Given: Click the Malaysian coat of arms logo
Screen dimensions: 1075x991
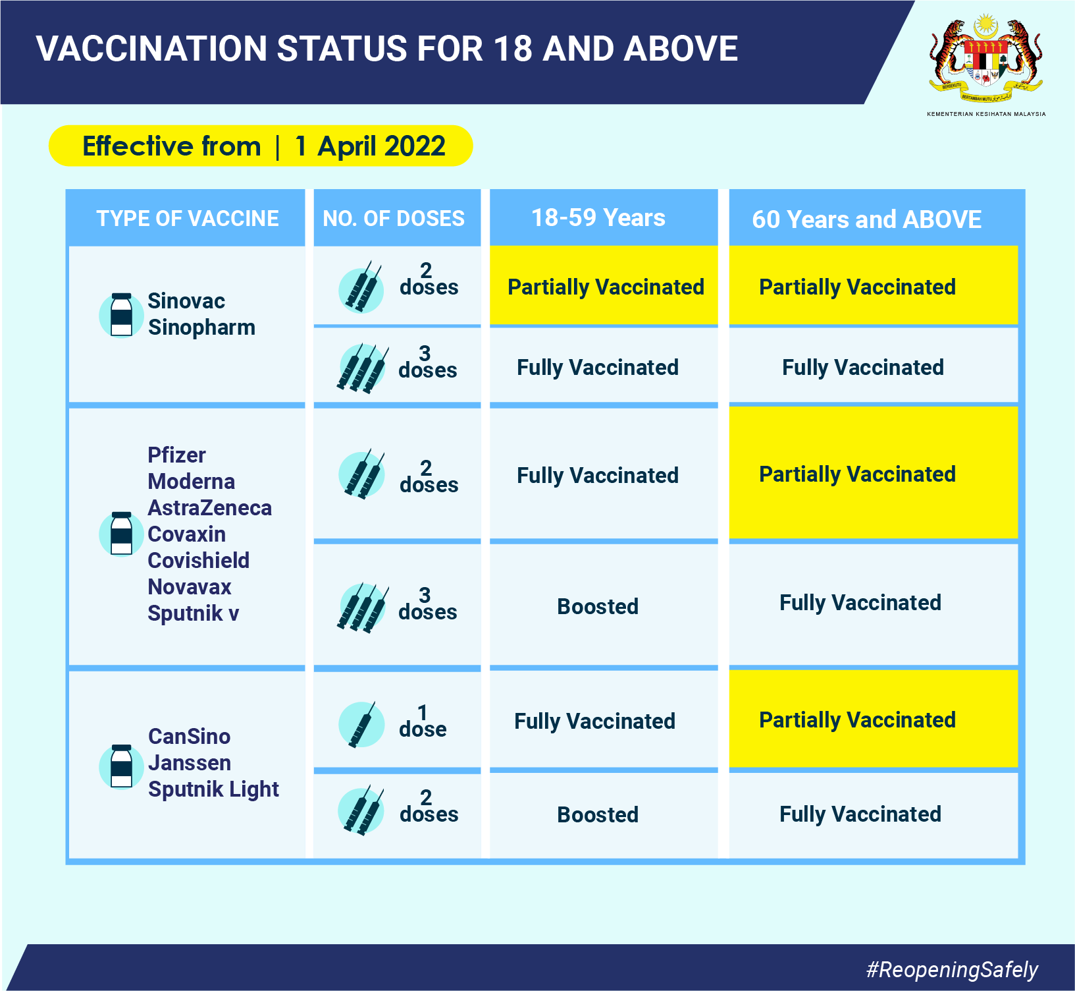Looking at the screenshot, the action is (x=985, y=59).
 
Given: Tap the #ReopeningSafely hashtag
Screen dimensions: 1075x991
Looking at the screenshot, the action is (x=952, y=969).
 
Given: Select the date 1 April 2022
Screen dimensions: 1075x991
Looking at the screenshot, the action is (x=371, y=146).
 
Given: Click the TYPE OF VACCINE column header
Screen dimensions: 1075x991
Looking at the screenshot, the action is (x=188, y=218).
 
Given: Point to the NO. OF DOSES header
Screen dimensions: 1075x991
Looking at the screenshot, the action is (x=394, y=218).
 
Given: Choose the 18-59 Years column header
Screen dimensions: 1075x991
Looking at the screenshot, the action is (x=598, y=217).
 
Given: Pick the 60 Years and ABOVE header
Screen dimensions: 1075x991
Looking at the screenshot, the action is (x=866, y=219).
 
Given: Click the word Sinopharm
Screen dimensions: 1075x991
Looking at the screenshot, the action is (x=201, y=327).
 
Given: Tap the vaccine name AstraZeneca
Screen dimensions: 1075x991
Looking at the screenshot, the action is (x=209, y=508).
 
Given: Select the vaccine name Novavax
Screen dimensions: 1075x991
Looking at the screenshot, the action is (x=190, y=587).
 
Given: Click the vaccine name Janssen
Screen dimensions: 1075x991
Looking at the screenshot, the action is (x=190, y=763).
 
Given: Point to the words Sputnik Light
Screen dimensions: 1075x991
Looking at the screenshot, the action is (x=213, y=789).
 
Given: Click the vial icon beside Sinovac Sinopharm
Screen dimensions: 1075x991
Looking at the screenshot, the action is (x=121, y=315).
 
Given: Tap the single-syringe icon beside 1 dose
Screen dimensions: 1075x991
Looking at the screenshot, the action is (x=361, y=724).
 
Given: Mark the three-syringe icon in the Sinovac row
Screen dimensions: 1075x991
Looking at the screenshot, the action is (x=361, y=368).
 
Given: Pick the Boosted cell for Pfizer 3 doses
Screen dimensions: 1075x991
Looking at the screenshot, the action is (x=598, y=606).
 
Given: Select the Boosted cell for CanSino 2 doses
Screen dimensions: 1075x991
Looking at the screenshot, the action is (x=598, y=814).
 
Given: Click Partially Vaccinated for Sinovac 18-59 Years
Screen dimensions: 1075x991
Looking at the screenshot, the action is (x=606, y=287).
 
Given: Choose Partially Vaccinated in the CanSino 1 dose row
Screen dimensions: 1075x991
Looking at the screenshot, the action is (x=857, y=720).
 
